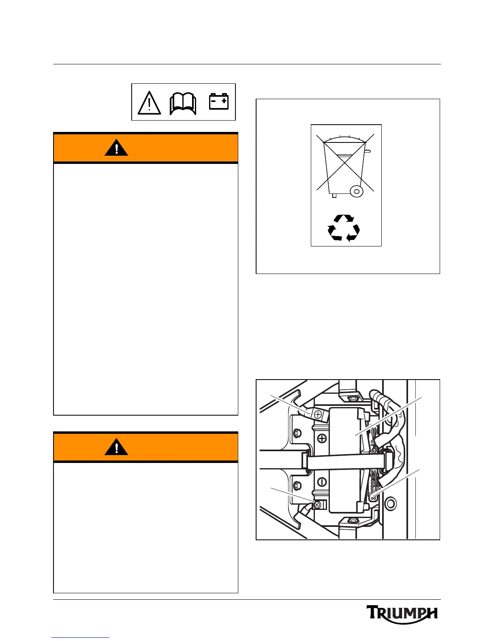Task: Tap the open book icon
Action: click(x=183, y=104)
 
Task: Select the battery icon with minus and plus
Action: click(x=219, y=102)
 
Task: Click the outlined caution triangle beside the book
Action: click(x=150, y=103)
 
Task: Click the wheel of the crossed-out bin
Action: click(x=357, y=191)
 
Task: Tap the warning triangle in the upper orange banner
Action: click(x=116, y=148)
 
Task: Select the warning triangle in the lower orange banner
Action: click(x=116, y=448)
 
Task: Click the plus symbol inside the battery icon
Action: click(x=224, y=101)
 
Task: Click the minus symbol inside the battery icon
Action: click(x=214, y=101)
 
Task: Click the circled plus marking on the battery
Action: click(x=323, y=438)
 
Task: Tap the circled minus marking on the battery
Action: click(x=323, y=482)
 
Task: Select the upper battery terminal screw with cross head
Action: click(x=318, y=414)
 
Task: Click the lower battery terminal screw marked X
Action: click(x=317, y=505)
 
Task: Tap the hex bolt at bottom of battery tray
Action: click(x=351, y=520)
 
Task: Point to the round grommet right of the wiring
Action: click(x=390, y=504)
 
